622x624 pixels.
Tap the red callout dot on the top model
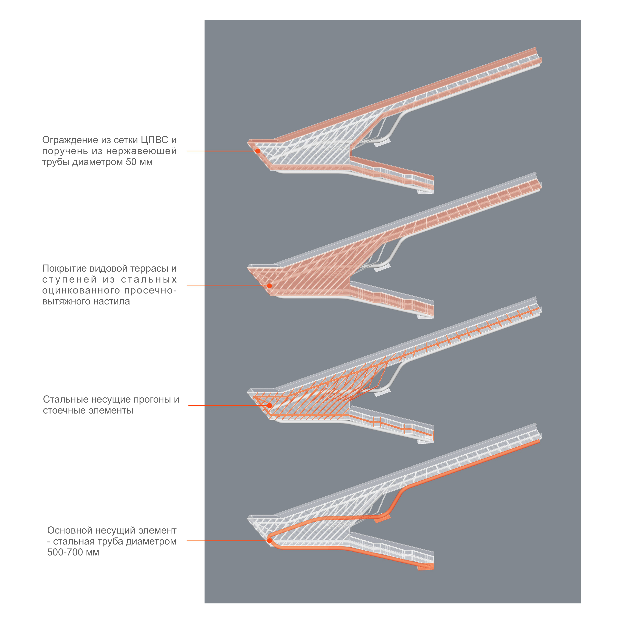point(258,151)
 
